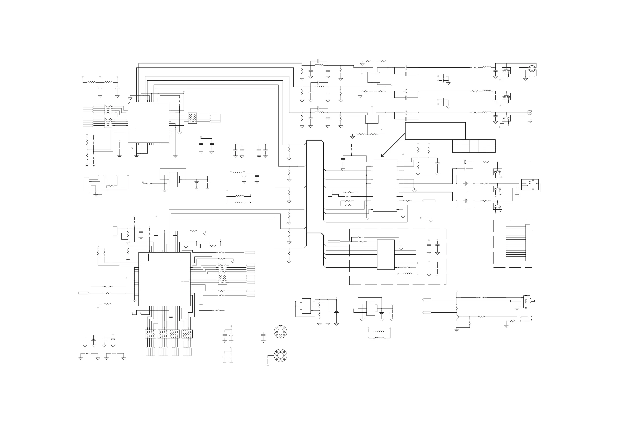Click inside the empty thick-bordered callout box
[x=435, y=131]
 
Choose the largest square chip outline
[x=164, y=279]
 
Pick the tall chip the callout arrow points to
[x=385, y=186]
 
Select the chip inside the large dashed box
[x=385, y=254]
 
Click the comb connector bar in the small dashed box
[x=527, y=243]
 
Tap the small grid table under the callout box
[x=474, y=146]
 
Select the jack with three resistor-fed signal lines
[x=529, y=185]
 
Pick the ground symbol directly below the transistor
[x=457, y=330]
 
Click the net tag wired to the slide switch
[x=427, y=300]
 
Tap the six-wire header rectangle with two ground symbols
[x=87, y=185]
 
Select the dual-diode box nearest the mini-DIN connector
[x=506, y=71]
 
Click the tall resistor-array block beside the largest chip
[x=222, y=274]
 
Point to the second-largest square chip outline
[x=148, y=122]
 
